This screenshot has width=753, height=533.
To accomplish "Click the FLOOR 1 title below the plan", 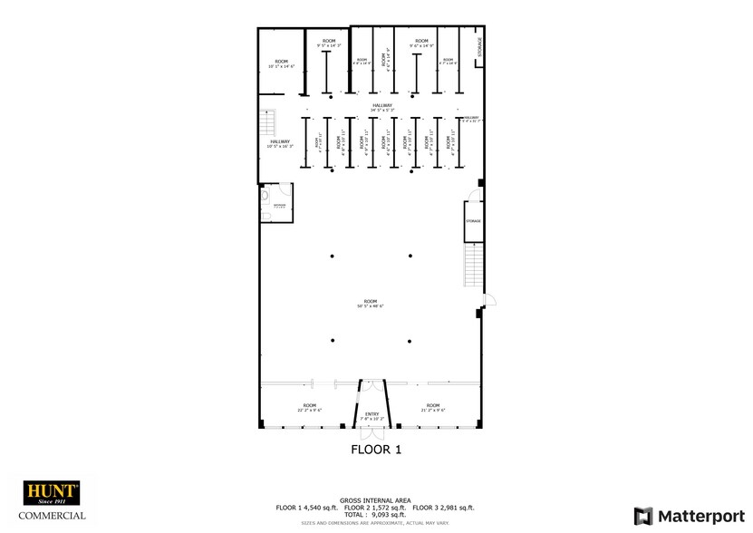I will [375, 449].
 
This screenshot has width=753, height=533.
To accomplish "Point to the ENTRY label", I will [373, 416].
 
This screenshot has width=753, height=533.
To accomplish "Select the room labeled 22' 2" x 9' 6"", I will [310, 407].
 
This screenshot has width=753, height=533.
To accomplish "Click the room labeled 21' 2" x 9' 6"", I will [433, 407].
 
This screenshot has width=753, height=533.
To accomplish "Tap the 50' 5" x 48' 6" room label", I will [370, 303].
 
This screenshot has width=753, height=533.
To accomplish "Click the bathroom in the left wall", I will [276, 200].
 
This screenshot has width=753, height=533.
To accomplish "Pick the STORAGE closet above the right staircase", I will [473, 222].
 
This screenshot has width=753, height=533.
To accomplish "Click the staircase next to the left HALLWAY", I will [268, 123].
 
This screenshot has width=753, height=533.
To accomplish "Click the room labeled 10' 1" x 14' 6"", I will [281, 63].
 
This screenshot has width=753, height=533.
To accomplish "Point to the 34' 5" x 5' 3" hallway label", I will [381, 107].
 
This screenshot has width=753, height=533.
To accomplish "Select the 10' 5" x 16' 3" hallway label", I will [280, 143].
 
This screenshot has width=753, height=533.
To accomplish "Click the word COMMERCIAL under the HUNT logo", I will [54, 516].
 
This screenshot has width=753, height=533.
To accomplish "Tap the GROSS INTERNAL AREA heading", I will [375, 499].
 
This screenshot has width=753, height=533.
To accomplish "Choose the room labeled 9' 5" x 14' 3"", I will [328, 44].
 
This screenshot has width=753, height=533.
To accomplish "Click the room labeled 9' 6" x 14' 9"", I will [421, 44].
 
